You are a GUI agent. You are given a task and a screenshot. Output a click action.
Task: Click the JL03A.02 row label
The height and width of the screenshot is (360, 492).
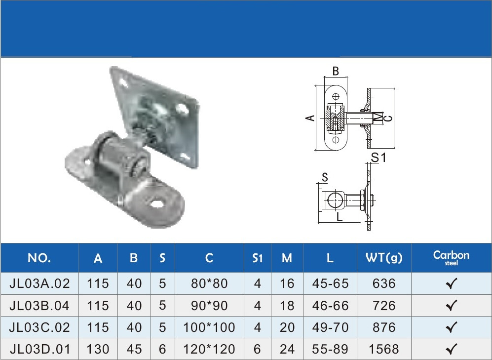point(39,283)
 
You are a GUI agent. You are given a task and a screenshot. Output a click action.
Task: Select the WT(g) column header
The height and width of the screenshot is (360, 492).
point(384,258)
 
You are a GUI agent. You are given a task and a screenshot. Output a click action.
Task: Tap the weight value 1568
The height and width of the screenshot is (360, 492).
point(384,349)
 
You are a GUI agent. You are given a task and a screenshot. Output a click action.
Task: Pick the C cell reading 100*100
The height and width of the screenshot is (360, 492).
point(209,327)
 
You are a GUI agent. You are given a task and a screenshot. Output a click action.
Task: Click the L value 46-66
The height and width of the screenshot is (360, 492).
point(330,305)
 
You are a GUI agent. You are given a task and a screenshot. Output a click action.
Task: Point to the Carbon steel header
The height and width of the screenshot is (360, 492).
point(451,258)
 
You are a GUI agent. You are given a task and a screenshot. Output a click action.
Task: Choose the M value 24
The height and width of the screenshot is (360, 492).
point(287,349)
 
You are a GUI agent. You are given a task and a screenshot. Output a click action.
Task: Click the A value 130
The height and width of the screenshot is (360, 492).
point(98,349)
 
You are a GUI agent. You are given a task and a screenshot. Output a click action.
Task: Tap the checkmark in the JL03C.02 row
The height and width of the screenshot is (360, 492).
point(451,327)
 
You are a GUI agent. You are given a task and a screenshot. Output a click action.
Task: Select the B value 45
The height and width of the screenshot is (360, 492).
point(134,349)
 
